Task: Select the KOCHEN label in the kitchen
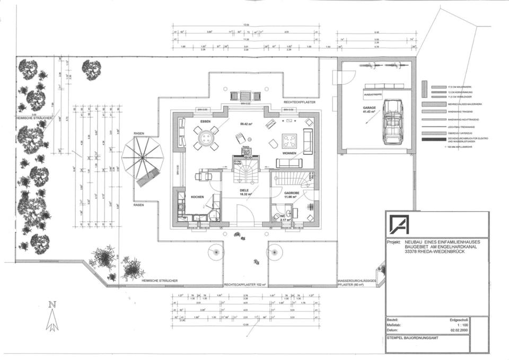(x=197, y=197)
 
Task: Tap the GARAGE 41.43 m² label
(x=370, y=109)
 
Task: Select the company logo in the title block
(x=399, y=224)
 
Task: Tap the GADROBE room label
(x=293, y=193)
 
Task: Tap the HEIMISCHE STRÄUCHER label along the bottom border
(x=160, y=280)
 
